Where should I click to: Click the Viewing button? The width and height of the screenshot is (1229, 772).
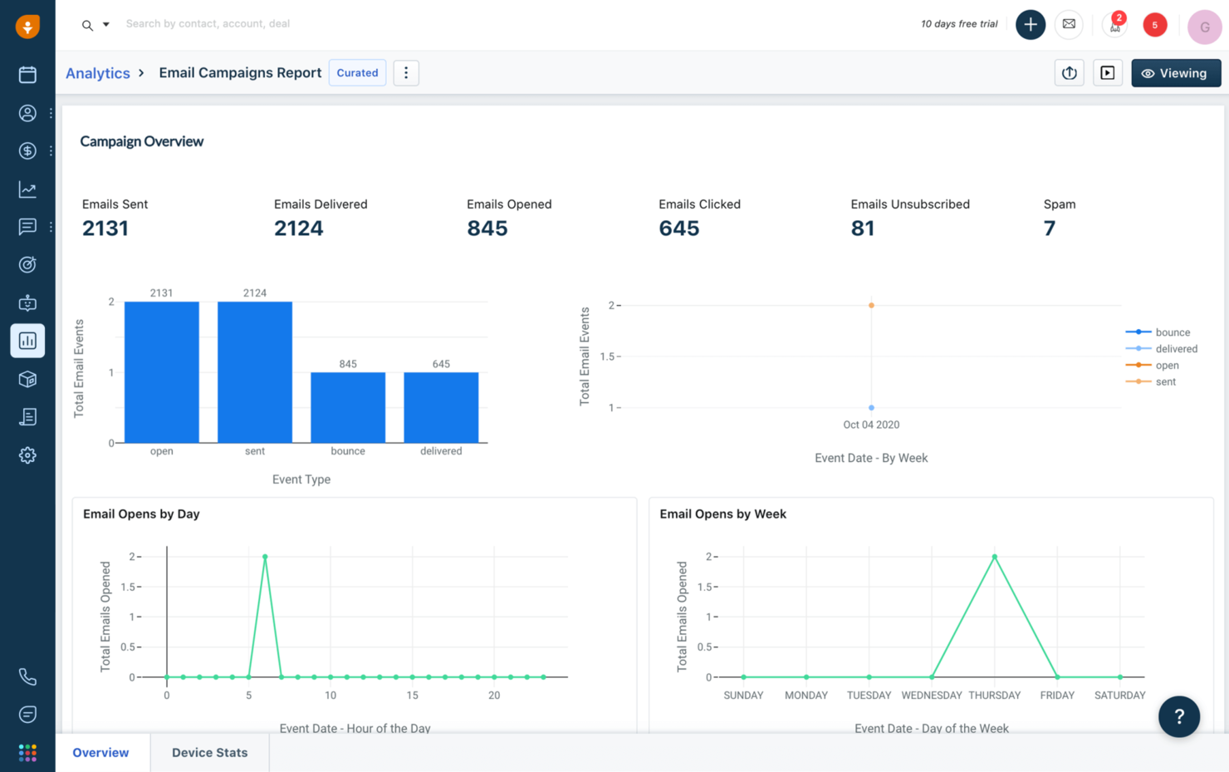(1175, 73)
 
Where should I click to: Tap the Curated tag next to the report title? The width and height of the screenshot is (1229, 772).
(357, 73)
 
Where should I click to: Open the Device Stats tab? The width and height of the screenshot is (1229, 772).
(209, 753)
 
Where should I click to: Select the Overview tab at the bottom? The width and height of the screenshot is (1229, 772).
(100, 753)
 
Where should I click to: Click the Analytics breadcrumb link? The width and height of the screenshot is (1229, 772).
(98, 73)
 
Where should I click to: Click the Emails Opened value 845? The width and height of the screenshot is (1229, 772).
(487, 229)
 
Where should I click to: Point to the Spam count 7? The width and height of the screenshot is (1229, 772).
(1049, 229)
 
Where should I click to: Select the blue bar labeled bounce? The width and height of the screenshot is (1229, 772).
(348, 407)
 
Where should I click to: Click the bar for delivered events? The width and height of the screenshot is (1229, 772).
(441, 407)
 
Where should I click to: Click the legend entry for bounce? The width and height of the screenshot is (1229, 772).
(1172, 332)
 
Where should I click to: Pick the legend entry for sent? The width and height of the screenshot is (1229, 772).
(1165, 382)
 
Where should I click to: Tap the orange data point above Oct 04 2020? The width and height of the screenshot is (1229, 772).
(871, 306)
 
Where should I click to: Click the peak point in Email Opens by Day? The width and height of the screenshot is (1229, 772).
(265, 557)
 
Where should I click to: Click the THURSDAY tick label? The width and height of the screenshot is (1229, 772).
(994, 696)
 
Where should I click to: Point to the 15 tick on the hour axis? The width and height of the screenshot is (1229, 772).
(412, 696)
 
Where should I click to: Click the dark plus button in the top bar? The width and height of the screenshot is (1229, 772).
(1030, 24)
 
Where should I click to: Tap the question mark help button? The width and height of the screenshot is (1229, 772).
(1178, 716)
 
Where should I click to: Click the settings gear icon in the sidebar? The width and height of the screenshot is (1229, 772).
(27, 455)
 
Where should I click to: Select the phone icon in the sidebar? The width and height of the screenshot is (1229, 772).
(27, 676)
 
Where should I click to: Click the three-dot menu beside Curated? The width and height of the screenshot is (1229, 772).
(406, 73)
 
